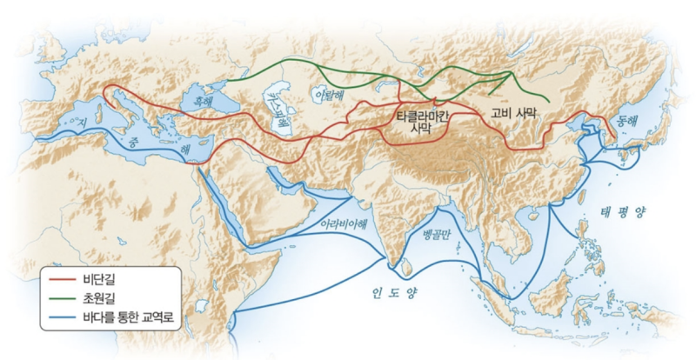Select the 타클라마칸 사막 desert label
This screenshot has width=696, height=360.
(426, 123)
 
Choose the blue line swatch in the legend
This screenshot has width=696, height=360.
(62, 319)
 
